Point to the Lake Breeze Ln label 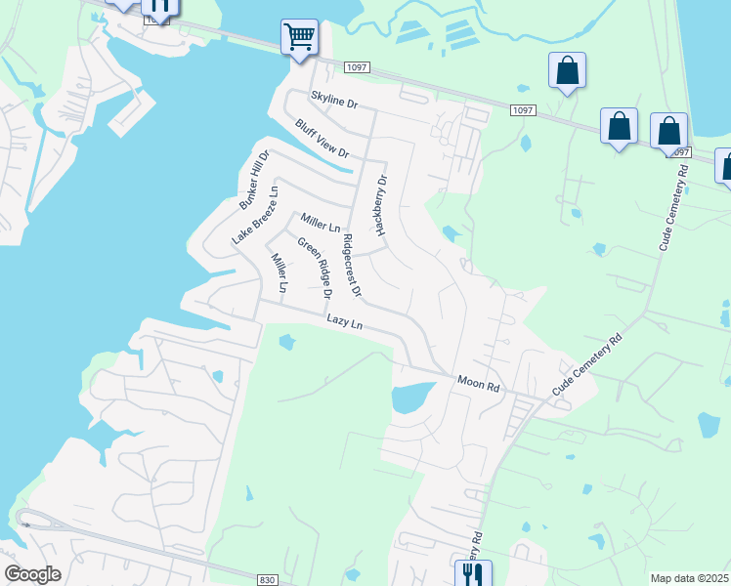[255, 215]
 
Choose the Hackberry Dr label [381, 206]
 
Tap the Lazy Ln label [344, 320]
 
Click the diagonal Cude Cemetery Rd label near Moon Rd [586, 366]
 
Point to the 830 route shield [267, 579]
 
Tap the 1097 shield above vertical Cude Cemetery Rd [680, 152]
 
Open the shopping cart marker [299, 37]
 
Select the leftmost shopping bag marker [567, 69]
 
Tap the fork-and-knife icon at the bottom [472, 573]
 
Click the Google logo [32, 574]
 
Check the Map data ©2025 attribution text [690, 578]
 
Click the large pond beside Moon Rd [409, 398]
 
